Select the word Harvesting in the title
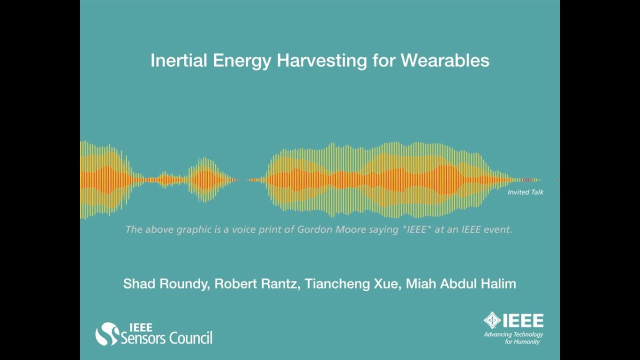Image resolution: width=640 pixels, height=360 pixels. click(321, 60)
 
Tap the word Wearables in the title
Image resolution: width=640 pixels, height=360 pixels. click(444, 60)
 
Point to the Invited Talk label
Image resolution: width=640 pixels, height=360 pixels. click(525, 192)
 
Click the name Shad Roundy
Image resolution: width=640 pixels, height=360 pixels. click(166, 284)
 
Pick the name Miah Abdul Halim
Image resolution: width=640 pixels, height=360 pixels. click(460, 284)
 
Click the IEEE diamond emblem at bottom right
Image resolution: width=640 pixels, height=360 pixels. click(492, 320)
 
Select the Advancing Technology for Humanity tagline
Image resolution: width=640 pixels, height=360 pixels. click(513, 338)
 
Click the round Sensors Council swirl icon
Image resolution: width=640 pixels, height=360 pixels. click(106, 333)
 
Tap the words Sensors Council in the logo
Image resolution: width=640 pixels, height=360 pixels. click(166, 338)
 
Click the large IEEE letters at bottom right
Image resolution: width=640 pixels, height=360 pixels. click(522, 320)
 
